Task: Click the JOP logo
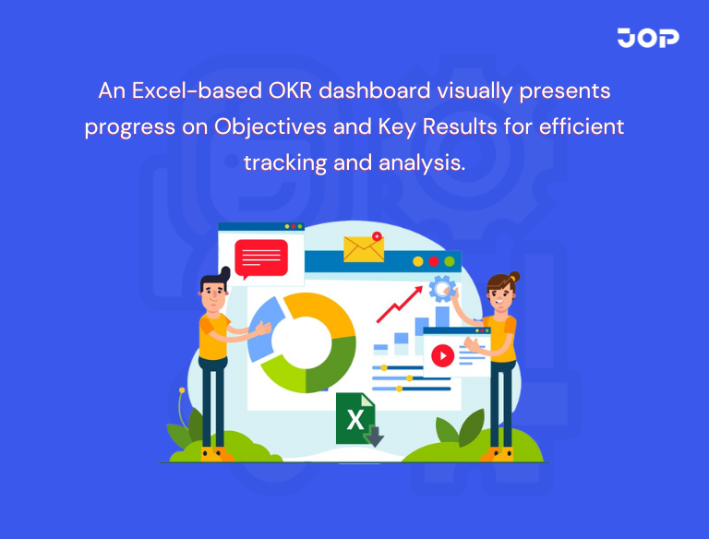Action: coord(648,38)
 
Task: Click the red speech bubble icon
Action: coord(260,258)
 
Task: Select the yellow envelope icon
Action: coord(363,248)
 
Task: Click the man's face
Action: coord(214,294)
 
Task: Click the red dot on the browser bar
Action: coord(433,262)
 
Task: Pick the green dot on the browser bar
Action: coord(449,262)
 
